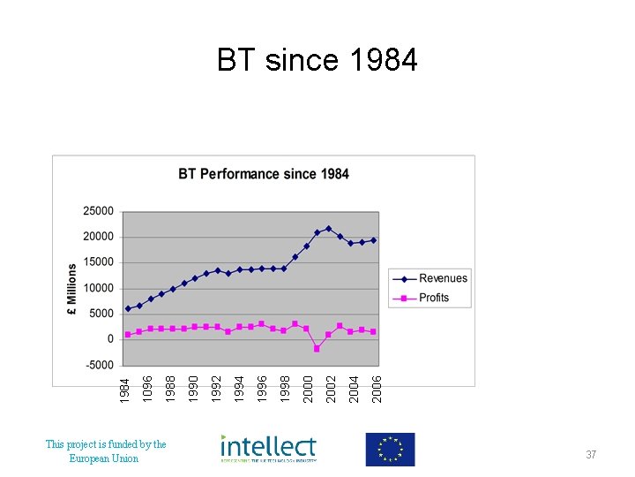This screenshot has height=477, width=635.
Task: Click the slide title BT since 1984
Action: pyautogui.click(x=317, y=60)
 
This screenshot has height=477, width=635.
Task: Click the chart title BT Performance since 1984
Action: pyautogui.click(x=264, y=174)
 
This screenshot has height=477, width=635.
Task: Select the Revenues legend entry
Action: pyautogui.click(x=443, y=278)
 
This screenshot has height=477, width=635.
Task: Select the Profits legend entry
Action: pyautogui.click(x=434, y=298)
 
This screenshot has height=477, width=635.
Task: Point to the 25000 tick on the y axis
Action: pyautogui.click(x=99, y=211)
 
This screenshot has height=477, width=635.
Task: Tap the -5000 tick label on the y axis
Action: pyautogui.click(x=99, y=365)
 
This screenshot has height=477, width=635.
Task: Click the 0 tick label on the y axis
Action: pyautogui.click(x=110, y=339)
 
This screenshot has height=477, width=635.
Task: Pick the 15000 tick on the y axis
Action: pyautogui.click(x=99, y=262)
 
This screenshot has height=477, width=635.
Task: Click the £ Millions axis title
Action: pyautogui.click(x=72, y=289)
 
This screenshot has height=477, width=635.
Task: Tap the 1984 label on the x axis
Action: pyautogui.click(x=126, y=388)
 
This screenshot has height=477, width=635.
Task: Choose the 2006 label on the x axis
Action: pyautogui.click(x=377, y=388)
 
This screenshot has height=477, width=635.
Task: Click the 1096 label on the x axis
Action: pyautogui.click(x=148, y=388)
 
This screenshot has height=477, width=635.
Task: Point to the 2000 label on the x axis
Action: pyautogui.click(x=308, y=388)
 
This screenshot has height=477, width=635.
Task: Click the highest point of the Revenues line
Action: pyautogui.click(x=328, y=228)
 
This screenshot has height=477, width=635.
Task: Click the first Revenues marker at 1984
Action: pyautogui.click(x=128, y=309)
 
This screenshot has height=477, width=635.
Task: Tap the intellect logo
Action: pyautogui.click(x=268, y=449)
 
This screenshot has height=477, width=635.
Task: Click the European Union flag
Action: pyautogui.click(x=390, y=450)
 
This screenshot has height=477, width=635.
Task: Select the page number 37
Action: pyautogui.click(x=591, y=454)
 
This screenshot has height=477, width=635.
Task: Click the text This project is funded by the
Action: pyautogui.click(x=106, y=444)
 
